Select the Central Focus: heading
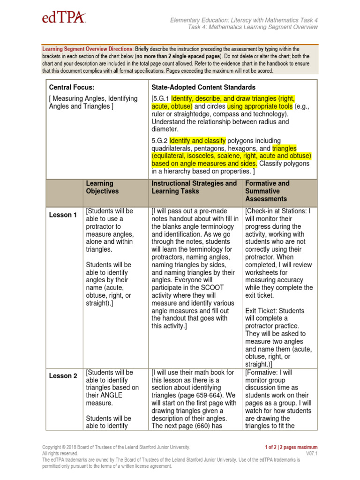[71, 87]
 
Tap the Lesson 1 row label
[63, 215]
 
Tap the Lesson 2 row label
[63, 376]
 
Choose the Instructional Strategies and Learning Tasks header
[194, 187]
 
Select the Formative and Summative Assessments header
[267, 191]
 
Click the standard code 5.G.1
[160, 99]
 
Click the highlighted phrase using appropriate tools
[257, 106]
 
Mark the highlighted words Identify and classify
[198, 141]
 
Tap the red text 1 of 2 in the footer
[274, 447]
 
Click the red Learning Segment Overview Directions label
[88, 49]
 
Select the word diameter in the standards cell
[165, 129]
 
